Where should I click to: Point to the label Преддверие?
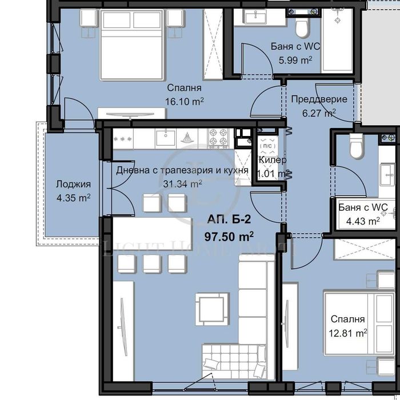coord(319,99)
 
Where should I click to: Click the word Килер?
coord(273,161)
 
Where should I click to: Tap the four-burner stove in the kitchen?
coord(219,137)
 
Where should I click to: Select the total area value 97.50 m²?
coord(229,235)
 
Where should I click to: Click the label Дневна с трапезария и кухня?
coord(182,170)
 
